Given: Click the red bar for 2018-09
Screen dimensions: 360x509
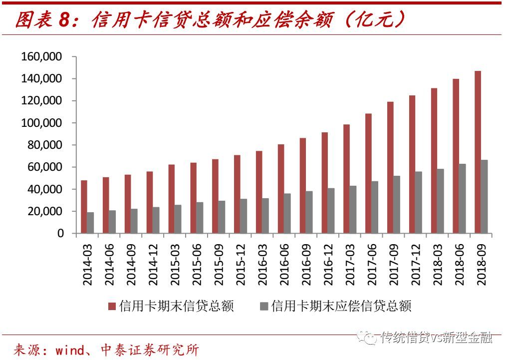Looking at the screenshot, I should (x=478, y=152).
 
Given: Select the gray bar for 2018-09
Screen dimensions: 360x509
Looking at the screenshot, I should (x=484, y=197).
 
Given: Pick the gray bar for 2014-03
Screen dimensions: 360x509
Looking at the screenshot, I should (x=90, y=223).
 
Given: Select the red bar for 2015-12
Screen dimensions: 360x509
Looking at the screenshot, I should (x=237, y=194).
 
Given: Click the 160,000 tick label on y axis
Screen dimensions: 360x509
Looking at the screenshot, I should (x=41, y=57).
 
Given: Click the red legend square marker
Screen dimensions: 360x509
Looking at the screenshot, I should (x=112, y=306).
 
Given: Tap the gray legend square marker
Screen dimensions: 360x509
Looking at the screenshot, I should (x=264, y=306).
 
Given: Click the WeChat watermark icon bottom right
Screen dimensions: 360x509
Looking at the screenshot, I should (x=371, y=339).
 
